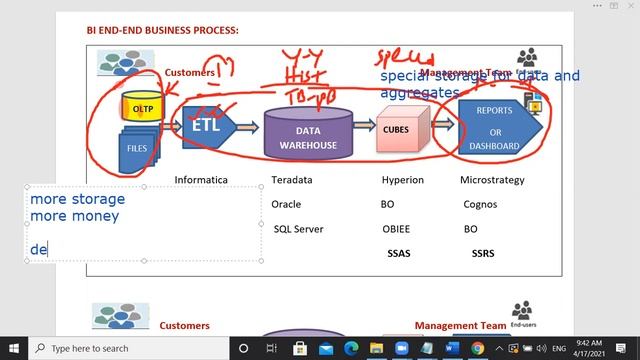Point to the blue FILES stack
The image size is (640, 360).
(137, 147)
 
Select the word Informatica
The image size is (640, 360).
(201, 180)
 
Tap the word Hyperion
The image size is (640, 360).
(402, 180)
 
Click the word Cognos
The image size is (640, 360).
(480, 204)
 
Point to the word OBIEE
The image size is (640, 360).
(396, 229)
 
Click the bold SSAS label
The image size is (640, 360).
(399, 253)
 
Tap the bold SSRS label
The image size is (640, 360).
(483, 253)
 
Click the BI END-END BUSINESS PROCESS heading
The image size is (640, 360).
(162, 30)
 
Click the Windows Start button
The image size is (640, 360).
(14, 348)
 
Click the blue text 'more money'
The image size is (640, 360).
(74, 215)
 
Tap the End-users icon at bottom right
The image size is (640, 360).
(521, 313)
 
